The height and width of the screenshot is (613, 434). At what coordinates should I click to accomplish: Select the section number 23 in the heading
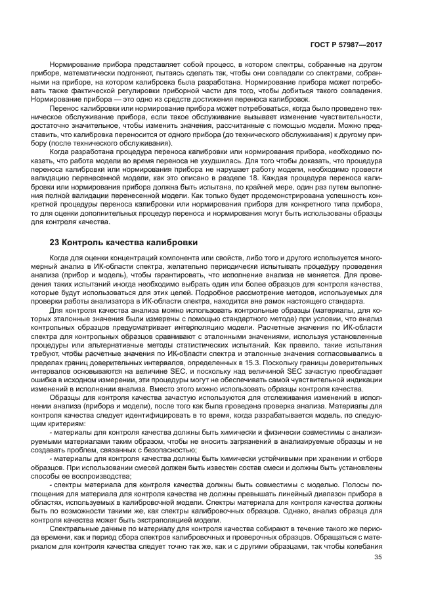(x=54, y=242)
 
